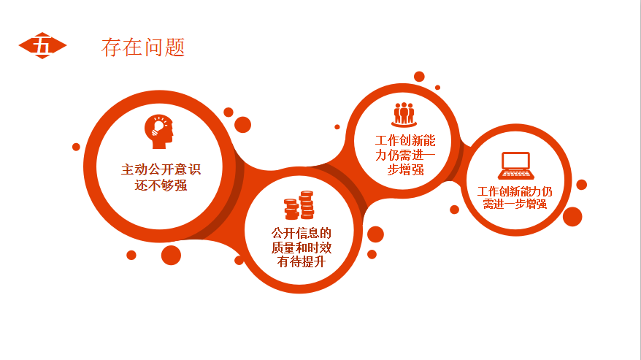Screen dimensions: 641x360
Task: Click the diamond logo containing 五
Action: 42,45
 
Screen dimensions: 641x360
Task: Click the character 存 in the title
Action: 111,47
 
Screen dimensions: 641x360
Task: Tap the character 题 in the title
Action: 175,47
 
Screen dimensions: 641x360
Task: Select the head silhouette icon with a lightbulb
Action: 159,131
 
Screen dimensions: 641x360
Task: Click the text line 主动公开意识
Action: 161,169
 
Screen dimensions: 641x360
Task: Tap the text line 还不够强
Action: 161,185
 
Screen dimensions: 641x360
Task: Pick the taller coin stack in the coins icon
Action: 307,204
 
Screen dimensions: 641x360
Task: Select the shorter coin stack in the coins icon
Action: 291,209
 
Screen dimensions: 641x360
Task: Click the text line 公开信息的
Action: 302,233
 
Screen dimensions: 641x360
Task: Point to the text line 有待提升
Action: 302,262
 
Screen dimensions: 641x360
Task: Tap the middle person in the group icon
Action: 404,112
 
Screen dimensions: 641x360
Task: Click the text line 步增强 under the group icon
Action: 405,169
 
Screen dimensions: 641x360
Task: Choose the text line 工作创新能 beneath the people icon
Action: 405,141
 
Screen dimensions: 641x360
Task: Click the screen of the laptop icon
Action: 516,161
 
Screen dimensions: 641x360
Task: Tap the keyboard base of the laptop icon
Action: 516,175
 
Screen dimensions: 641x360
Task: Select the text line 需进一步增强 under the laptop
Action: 515,204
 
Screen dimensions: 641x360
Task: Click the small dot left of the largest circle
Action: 76,147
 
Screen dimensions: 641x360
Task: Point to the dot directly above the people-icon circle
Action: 419,77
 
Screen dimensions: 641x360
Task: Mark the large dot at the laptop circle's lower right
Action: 572,216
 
